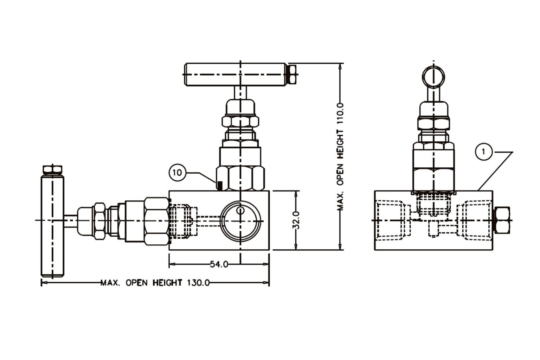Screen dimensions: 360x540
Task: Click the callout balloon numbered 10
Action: pyautogui.click(x=178, y=173)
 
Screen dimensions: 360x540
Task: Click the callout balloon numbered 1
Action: pyautogui.click(x=484, y=152)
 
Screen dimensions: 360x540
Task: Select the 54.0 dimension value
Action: pyautogui.click(x=219, y=264)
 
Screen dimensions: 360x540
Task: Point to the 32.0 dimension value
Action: pyautogui.click(x=296, y=220)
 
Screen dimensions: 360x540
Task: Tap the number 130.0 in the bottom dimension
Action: pyautogui.click(x=198, y=283)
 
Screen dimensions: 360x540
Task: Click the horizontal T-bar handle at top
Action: pyautogui.click(x=235, y=74)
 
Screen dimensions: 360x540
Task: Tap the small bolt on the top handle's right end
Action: pyautogui.click(x=292, y=74)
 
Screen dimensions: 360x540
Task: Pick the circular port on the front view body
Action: pyautogui.click(x=240, y=220)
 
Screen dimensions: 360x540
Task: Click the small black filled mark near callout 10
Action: pyautogui.click(x=220, y=185)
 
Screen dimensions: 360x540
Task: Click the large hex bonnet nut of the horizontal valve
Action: pyautogui.click(x=157, y=221)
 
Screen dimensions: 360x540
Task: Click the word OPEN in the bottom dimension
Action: pyautogui.click(x=139, y=283)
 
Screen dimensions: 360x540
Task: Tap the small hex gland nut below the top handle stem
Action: pyautogui.click(x=240, y=122)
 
